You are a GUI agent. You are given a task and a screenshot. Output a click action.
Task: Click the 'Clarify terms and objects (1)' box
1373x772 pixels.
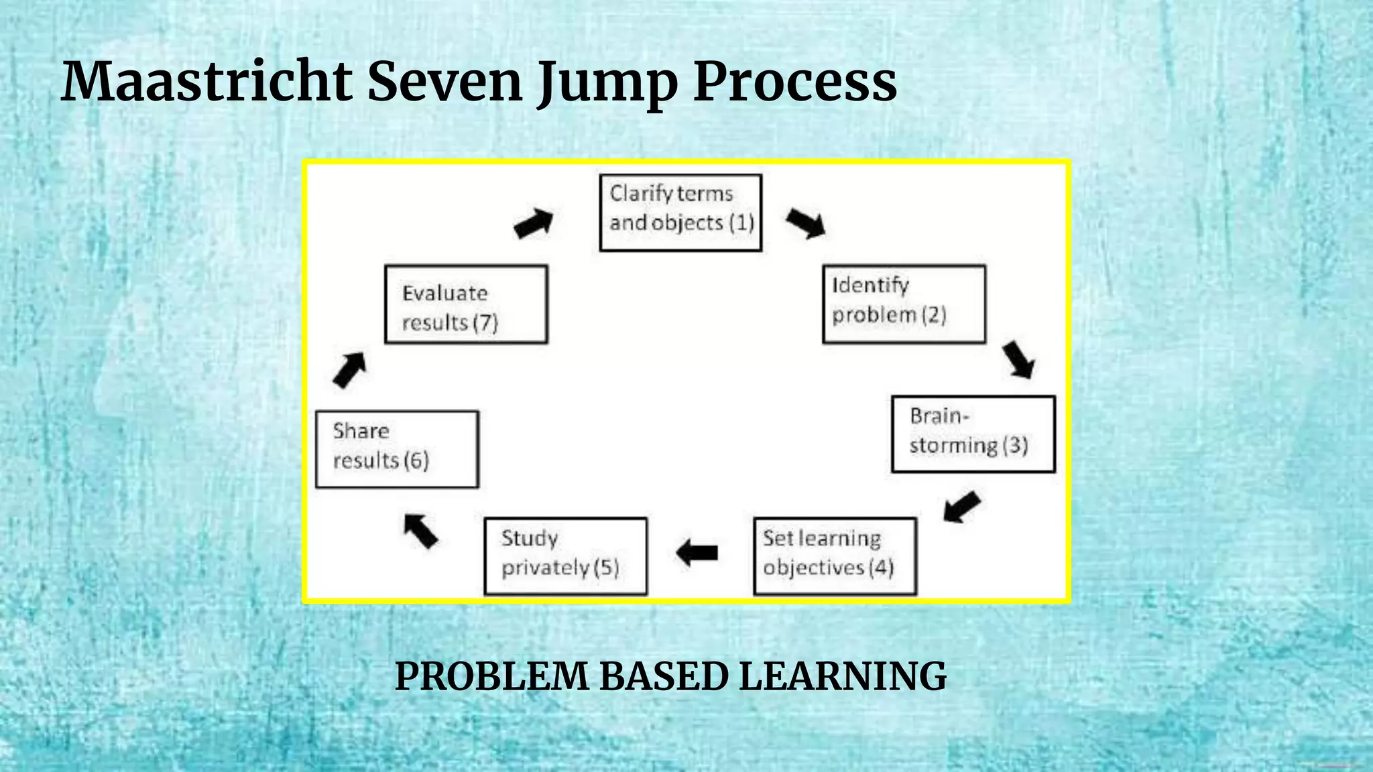[x=680, y=212]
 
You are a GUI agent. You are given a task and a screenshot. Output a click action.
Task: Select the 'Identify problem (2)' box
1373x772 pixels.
[x=904, y=304]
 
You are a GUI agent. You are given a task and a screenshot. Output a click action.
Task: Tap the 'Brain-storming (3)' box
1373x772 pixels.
[x=973, y=434]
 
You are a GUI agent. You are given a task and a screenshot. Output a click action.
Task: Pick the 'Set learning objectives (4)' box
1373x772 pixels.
[x=835, y=556]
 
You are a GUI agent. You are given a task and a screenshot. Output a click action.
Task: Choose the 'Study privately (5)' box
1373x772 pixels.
[x=565, y=556]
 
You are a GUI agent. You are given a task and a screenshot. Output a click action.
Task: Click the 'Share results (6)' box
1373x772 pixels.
[x=397, y=449]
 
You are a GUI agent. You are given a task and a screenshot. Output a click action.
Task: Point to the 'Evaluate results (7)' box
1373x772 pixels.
[x=466, y=304]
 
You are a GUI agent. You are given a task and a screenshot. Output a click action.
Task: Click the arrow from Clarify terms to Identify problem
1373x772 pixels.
[x=805, y=222]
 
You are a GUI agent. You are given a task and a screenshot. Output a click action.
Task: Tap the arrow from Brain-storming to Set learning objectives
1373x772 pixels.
[x=962, y=506]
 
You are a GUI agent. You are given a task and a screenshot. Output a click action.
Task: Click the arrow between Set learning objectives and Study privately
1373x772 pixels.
[x=697, y=552]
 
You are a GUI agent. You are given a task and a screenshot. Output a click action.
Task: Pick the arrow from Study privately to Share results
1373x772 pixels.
[x=420, y=531]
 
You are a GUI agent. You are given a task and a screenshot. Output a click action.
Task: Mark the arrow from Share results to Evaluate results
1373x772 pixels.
[x=349, y=370]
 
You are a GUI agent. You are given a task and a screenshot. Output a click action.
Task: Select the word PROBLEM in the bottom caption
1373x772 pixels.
[x=491, y=675]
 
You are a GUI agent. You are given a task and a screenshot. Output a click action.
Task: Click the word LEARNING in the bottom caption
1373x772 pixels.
[x=842, y=675]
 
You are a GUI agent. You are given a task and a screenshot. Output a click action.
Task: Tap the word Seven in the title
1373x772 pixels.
[x=444, y=82]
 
